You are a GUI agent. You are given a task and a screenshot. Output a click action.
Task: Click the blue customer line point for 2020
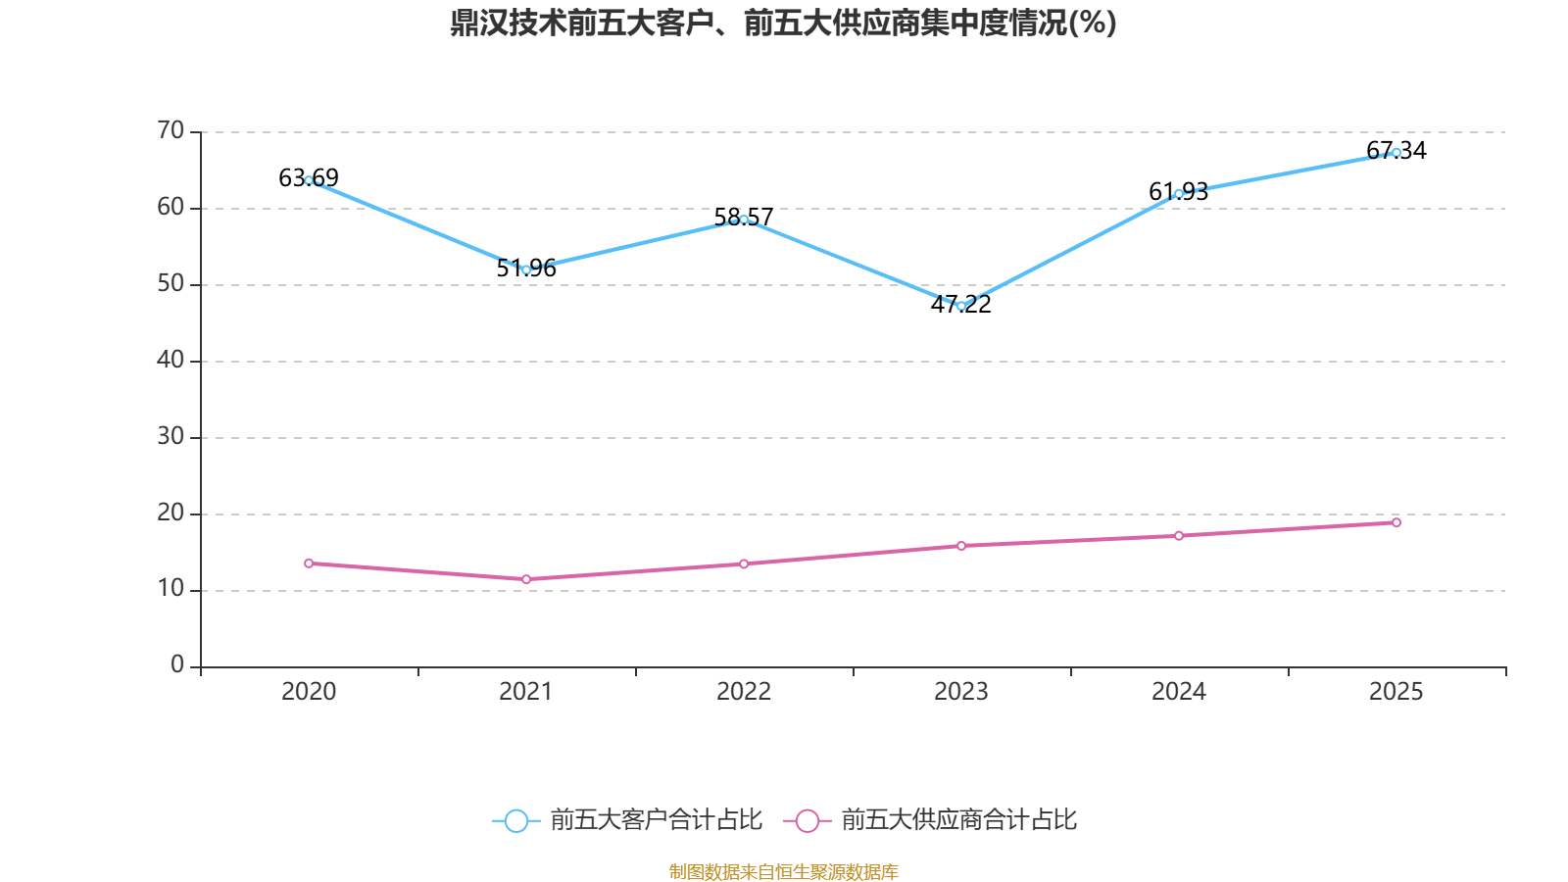click(309, 180)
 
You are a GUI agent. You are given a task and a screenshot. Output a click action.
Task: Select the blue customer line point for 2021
click(526, 269)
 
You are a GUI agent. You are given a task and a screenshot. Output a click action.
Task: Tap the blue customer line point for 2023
click(961, 306)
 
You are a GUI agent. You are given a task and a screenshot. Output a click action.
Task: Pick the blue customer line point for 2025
click(1396, 152)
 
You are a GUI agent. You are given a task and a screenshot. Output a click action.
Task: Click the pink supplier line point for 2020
click(309, 563)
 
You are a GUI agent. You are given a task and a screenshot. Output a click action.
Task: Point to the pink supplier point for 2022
click(744, 563)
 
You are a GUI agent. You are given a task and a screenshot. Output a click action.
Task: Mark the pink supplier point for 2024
click(1179, 536)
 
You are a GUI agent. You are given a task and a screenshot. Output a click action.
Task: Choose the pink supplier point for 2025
click(1396, 522)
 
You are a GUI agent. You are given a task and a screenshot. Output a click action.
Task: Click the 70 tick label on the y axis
click(171, 130)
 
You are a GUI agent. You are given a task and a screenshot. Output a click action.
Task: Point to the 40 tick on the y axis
click(171, 360)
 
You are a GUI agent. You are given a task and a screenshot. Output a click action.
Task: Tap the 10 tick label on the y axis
click(171, 589)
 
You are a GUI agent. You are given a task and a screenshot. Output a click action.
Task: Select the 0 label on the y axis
click(177, 665)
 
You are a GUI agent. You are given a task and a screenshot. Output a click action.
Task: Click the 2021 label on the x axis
click(526, 692)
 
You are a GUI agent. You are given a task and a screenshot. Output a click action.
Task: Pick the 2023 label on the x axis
click(961, 692)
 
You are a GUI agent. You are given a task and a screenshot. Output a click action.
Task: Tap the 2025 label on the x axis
click(1396, 692)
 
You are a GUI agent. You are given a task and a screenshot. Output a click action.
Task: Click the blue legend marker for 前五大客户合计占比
click(515, 820)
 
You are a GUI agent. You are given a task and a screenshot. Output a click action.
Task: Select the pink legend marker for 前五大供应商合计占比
click(807, 820)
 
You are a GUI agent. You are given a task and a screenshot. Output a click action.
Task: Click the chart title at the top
click(783, 23)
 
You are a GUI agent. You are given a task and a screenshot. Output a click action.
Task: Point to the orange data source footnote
click(783, 871)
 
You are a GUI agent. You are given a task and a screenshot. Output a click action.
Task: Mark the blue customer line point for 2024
click(1179, 194)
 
